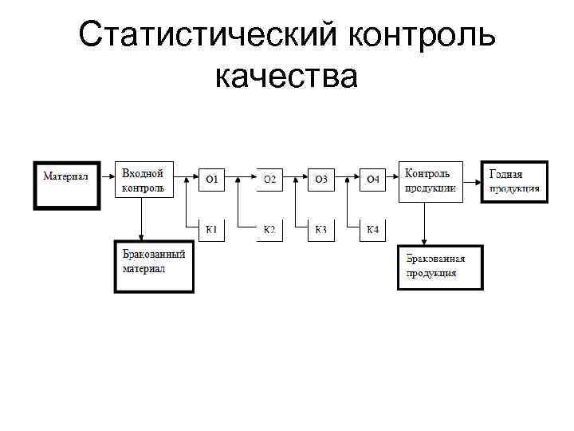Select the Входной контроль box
point(144,180)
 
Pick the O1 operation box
point(212,180)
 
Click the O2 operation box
point(269,180)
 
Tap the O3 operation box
point(320,180)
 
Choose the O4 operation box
point(372,180)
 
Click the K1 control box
point(212,230)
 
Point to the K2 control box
point(269,230)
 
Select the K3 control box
point(320,230)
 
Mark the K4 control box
point(372,230)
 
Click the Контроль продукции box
point(431,180)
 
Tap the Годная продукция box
point(514,181)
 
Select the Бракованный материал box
point(153,267)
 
